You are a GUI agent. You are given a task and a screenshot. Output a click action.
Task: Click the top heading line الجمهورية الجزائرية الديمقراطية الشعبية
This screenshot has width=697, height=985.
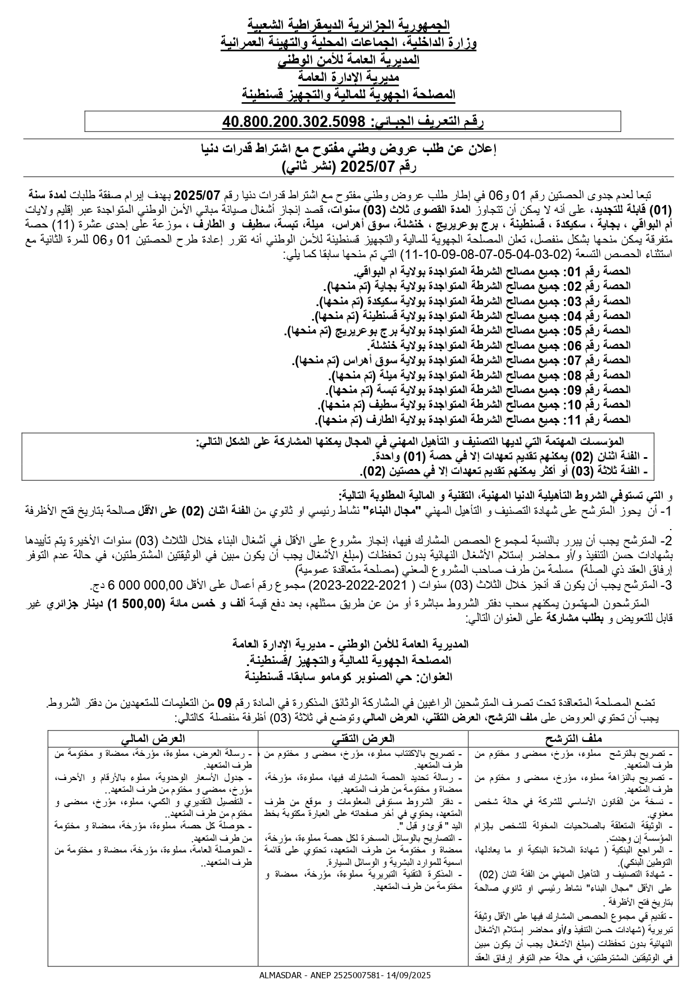tap(348, 25)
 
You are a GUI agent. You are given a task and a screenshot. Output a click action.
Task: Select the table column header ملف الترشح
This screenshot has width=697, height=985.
tap(573, 738)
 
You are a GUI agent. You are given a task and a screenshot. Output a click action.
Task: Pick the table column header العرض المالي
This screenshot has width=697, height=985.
tap(153, 738)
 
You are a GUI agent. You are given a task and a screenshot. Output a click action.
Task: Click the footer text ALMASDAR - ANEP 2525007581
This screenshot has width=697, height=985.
tap(317, 975)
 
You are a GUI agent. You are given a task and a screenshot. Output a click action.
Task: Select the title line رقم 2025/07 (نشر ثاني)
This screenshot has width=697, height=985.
tap(348, 167)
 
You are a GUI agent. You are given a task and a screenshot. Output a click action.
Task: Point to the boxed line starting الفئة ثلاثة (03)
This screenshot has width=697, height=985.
tap(504, 471)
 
